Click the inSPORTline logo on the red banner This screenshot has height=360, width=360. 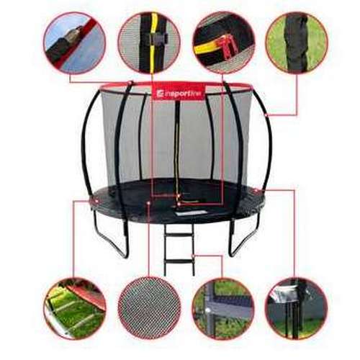(179, 94)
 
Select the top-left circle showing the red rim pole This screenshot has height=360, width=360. (74, 42)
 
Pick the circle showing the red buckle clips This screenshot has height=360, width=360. (223, 42)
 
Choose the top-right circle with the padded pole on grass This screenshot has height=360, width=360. (297, 42)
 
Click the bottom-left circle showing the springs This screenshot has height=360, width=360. (75, 308)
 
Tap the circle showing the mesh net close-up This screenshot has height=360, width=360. (149, 308)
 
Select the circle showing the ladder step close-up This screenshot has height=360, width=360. (223, 308)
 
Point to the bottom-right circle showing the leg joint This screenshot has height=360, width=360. (297, 308)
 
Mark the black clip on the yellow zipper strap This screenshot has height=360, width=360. (157, 37)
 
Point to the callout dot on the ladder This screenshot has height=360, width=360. (194, 256)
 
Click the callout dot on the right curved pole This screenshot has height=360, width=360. (266, 115)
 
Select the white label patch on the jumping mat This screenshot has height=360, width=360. (191, 212)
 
